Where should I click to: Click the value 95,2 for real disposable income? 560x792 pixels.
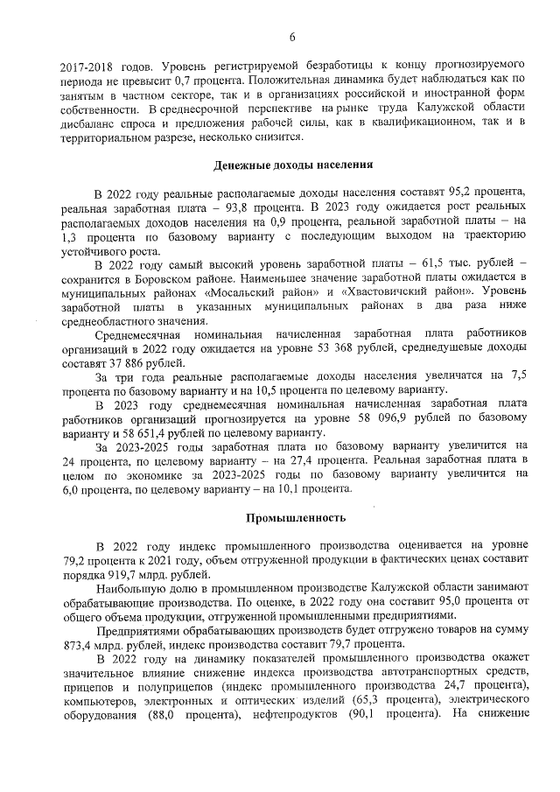coord(459,191)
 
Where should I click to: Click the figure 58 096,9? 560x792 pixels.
coord(396,419)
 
